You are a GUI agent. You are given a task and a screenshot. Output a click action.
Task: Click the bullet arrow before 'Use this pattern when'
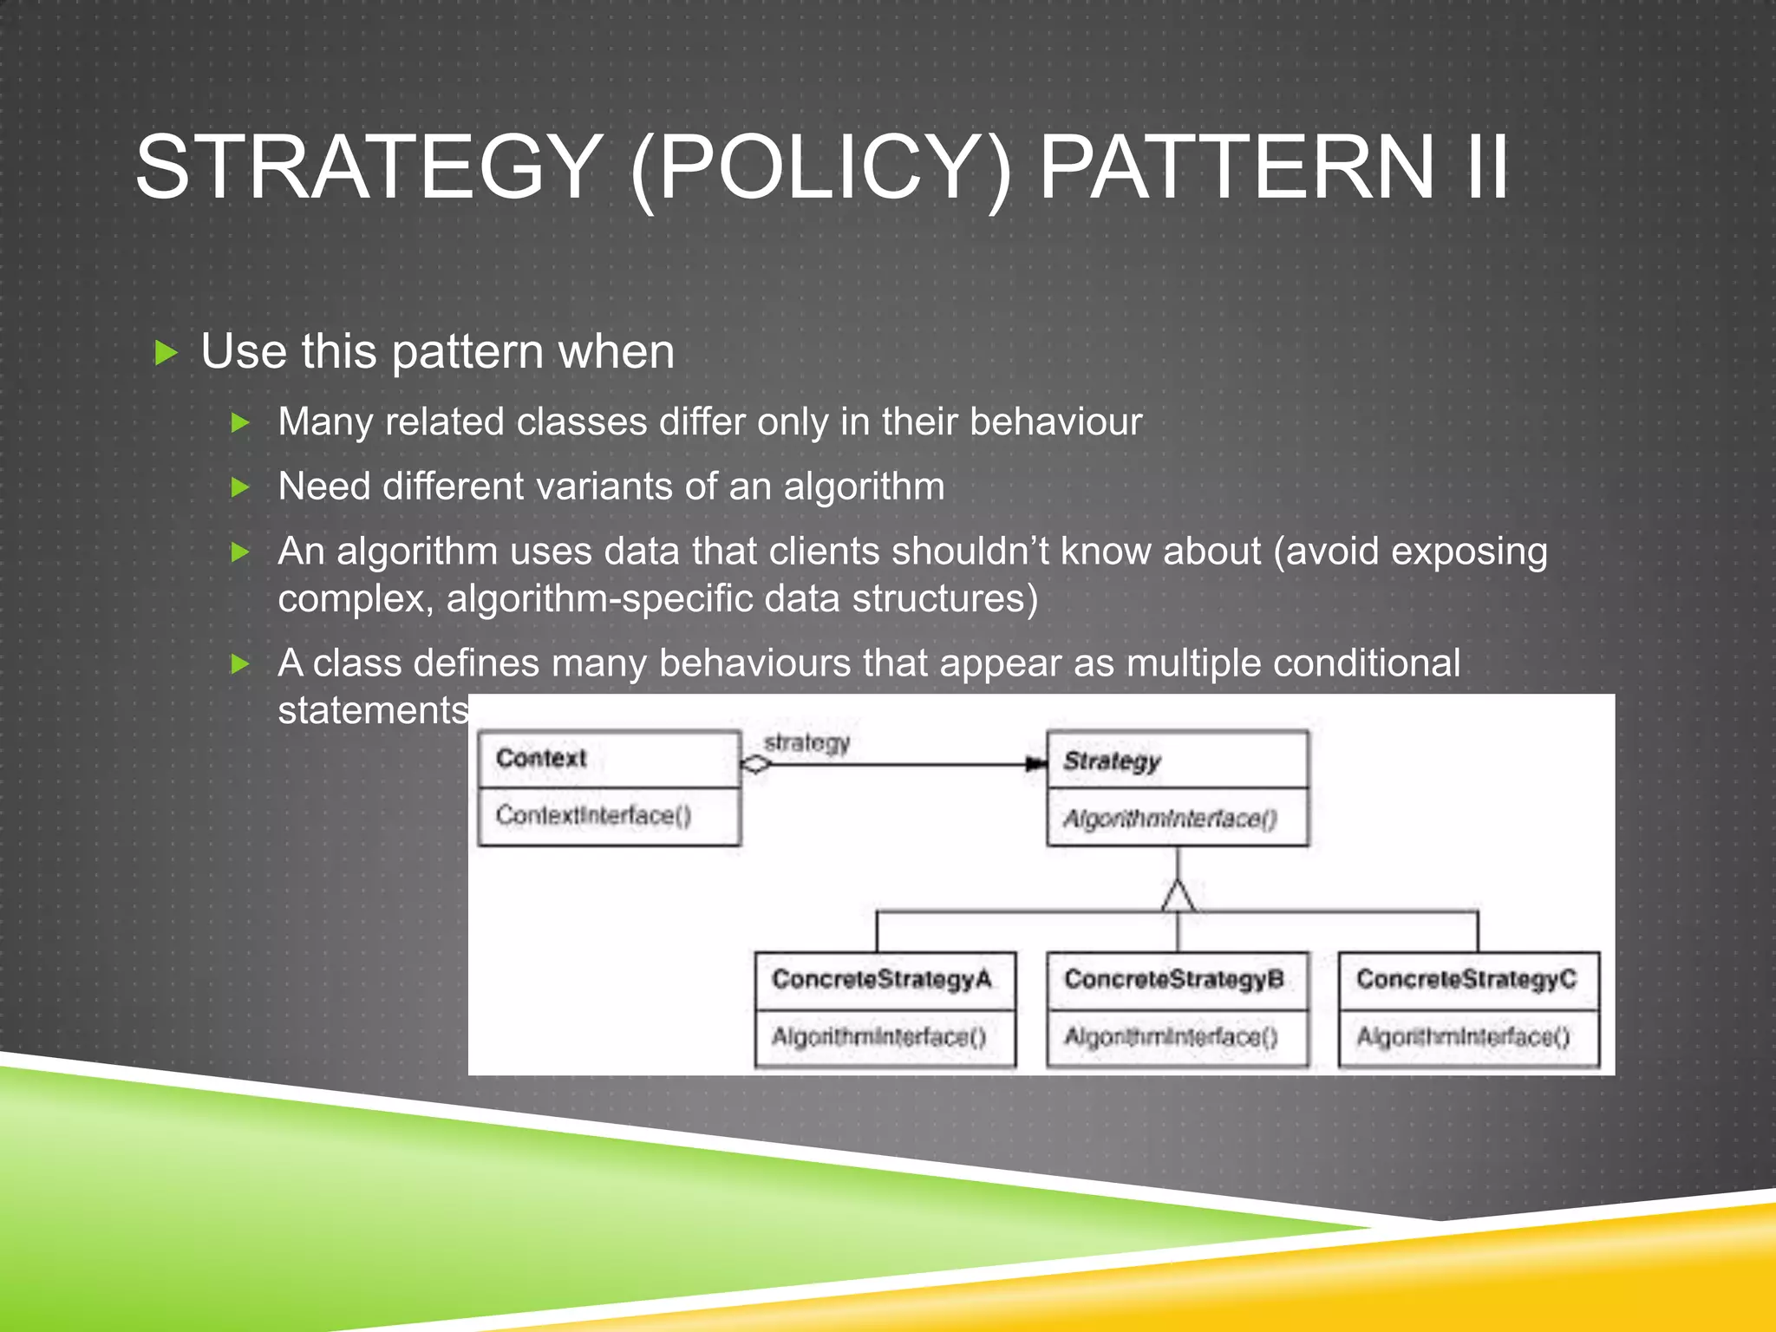pyautogui.click(x=165, y=353)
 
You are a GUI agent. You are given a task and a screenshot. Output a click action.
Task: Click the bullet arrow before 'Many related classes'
pyautogui.click(x=240, y=423)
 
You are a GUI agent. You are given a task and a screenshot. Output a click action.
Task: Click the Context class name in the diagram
pyautogui.click(x=541, y=758)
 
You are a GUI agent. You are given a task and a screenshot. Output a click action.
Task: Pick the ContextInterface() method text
pyautogui.click(x=593, y=815)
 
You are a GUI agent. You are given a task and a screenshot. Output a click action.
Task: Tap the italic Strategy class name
pyautogui.click(x=1112, y=761)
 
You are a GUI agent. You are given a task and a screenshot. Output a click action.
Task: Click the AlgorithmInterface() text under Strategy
pyautogui.click(x=1170, y=819)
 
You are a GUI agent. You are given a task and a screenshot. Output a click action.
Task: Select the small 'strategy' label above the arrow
pyautogui.click(x=806, y=743)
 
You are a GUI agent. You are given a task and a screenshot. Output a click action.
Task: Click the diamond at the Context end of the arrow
pyautogui.click(x=756, y=764)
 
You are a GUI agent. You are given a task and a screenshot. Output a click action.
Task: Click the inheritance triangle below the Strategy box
pyautogui.click(x=1178, y=897)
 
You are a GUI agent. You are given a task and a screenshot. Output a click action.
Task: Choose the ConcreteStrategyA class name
pyautogui.click(x=881, y=979)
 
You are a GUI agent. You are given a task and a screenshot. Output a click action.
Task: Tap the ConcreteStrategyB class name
pyautogui.click(x=1173, y=979)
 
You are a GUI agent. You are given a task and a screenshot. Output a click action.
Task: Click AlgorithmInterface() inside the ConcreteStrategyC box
pyautogui.click(x=1463, y=1036)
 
